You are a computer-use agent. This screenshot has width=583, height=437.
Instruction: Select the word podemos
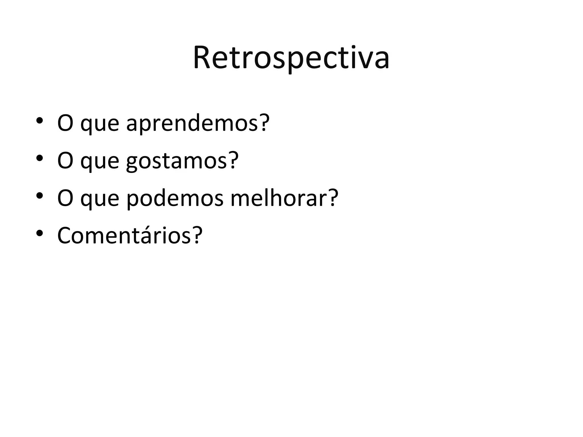pos(175,198)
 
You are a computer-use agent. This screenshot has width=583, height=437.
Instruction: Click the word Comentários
pos(124,236)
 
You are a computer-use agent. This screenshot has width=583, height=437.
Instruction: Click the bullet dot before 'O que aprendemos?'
pos(39,120)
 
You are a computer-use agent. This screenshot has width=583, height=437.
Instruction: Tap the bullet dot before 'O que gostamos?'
pos(39,158)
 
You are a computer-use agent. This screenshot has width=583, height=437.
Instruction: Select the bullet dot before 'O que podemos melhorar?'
pos(39,195)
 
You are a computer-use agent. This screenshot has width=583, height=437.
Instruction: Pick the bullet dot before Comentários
pos(39,233)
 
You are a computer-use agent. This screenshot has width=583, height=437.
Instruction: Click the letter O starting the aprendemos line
pos(65,123)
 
